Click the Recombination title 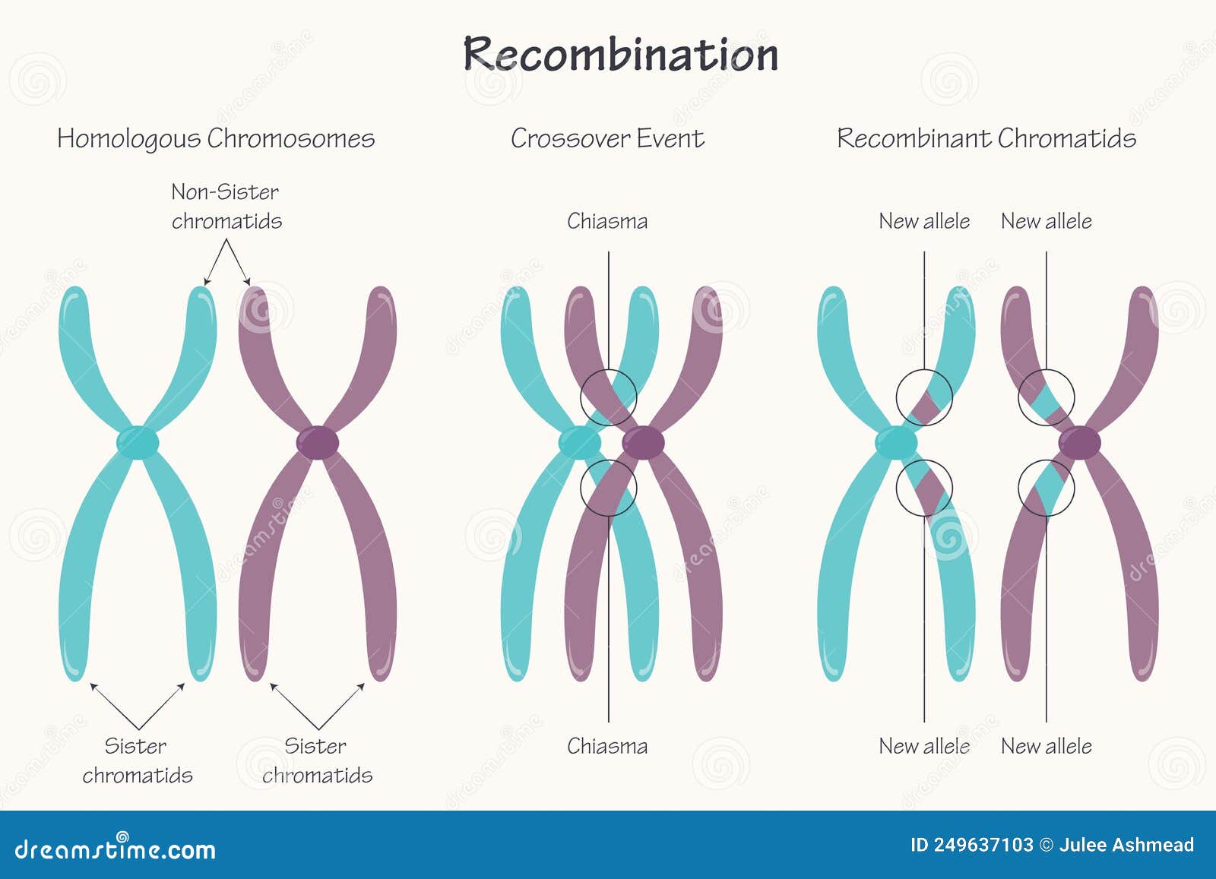tap(621, 55)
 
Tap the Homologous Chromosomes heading tap(216, 138)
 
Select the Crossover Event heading tap(606, 138)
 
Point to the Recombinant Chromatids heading tap(986, 138)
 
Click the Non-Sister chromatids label tap(226, 206)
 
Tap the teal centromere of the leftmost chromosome tap(138, 442)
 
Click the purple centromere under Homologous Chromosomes tap(318, 442)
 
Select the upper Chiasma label tap(607, 221)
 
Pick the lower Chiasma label tap(607, 746)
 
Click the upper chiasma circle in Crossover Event tap(608, 397)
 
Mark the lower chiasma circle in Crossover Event tap(608, 488)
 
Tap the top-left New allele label tap(924, 221)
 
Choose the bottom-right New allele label tap(1046, 746)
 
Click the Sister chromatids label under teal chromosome tap(137, 760)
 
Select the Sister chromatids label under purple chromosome tap(317, 760)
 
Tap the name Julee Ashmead tap(1126, 845)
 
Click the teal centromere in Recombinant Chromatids tap(896, 442)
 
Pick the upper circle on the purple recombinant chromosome tap(1046, 397)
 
